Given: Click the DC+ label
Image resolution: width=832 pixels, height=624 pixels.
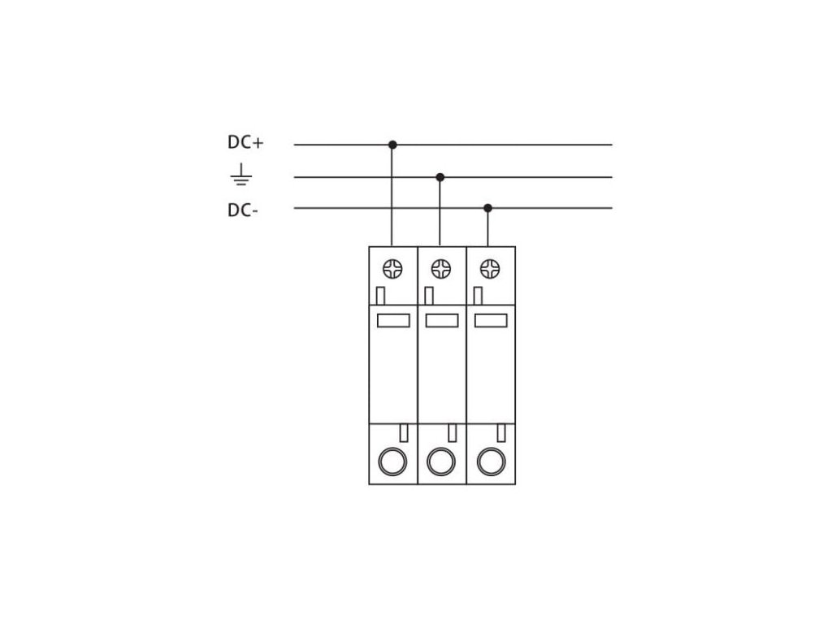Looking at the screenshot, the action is coord(245,144).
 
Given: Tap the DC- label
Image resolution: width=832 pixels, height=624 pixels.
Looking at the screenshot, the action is coord(244,210).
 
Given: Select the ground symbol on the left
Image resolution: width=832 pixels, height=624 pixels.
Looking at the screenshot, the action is coord(241,176).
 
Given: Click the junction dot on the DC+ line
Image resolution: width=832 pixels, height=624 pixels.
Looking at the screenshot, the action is coord(392,145).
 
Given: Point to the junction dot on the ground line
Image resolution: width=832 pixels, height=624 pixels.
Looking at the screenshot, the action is coord(440,177).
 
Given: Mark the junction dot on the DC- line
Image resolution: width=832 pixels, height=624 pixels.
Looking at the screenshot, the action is coord(487,208).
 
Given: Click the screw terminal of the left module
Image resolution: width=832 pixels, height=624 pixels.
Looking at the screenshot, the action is coord(392,268).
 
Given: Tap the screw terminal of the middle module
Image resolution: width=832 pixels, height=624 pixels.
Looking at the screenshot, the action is coord(440,268).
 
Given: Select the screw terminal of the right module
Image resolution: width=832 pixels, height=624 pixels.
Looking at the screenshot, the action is coord(489,268).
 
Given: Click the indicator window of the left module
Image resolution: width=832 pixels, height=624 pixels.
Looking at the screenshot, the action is coord(393,320).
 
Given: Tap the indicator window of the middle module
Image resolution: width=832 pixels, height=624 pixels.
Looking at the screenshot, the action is coord(441,320).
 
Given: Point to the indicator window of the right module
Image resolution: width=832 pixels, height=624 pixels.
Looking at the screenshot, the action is coord(490,320).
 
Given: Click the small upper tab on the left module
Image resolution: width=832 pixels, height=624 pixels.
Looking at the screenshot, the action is coord(380,294).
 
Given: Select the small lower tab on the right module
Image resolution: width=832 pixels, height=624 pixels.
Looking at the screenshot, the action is coord(501,432).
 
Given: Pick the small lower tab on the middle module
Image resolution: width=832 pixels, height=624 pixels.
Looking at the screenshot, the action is coord(453,432).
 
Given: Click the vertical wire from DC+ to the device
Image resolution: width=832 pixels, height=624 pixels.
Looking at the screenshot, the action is coord(392,195).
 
